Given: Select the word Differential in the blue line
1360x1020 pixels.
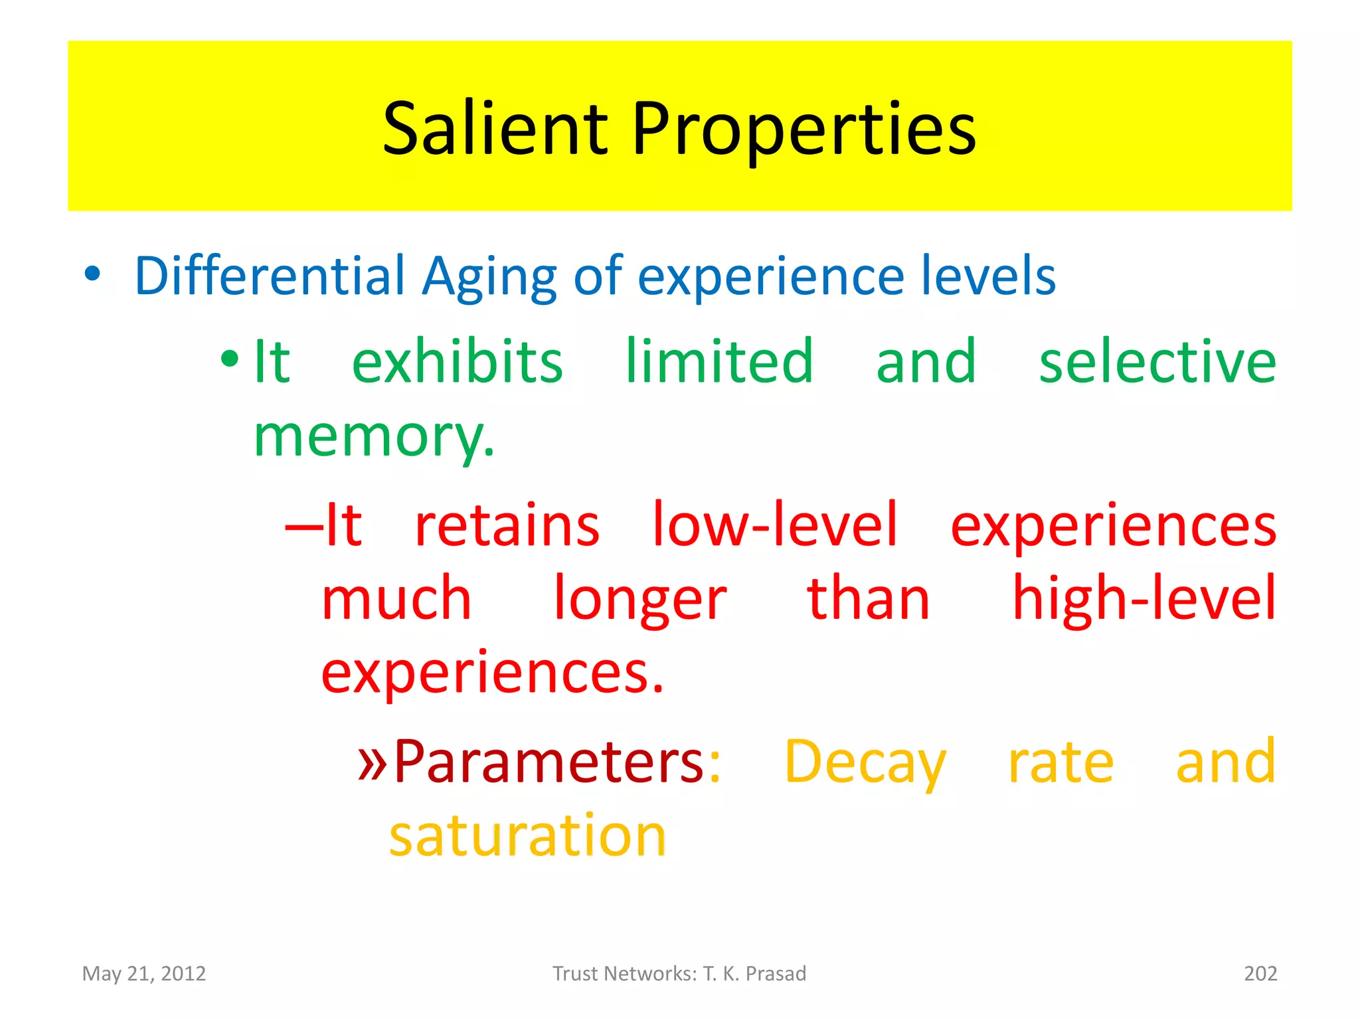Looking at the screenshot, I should [x=269, y=276].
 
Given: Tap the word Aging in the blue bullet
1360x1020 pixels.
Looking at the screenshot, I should [x=489, y=278].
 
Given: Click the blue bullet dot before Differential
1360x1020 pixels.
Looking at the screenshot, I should [x=92, y=273].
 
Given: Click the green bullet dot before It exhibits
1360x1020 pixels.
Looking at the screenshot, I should [x=230, y=359].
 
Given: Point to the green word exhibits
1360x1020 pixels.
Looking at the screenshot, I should [x=457, y=362].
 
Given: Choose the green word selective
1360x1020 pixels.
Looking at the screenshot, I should [x=1157, y=362].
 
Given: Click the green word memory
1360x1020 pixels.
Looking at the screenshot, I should [x=373, y=438].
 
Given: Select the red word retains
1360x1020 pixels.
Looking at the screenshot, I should [x=507, y=525].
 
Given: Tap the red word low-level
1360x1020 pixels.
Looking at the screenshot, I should [x=774, y=525].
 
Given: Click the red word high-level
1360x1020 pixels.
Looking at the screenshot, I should [x=1144, y=598].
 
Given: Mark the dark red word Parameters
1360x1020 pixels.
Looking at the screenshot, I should [x=549, y=762].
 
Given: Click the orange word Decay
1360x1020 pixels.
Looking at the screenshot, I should [x=865, y=764].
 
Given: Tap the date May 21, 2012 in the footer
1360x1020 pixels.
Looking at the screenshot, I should [x=144, y=974].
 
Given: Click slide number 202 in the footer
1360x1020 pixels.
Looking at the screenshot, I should [x=1260, y=974].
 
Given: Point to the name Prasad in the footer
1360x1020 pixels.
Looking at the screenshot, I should [x=776, y=974].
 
